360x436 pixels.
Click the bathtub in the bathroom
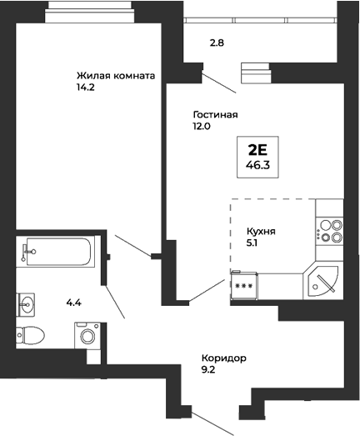pos(57,250)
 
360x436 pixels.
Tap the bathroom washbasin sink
pos(27,303)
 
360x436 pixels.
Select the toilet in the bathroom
pos(32,336)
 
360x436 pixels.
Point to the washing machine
pos(87,336)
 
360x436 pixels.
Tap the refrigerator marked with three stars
pos(245,284)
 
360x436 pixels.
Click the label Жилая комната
pos(115,75)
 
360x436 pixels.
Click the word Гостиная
pos(215,115)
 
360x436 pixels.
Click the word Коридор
pos(224,358)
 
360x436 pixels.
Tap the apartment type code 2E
pos(257,151)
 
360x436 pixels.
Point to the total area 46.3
pos(257,165)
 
